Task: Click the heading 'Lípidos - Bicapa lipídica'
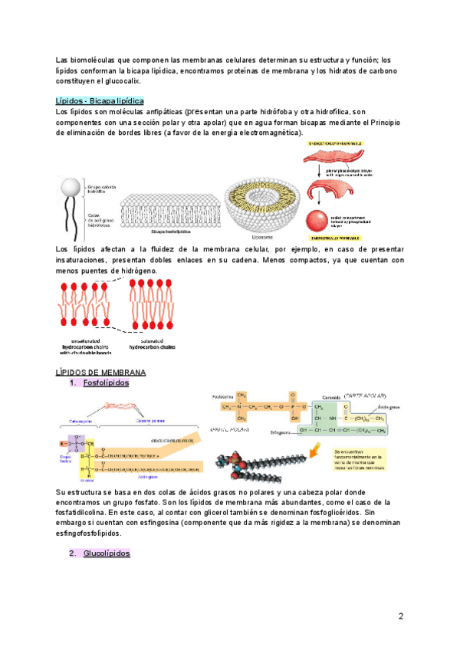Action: (x=100, y=101)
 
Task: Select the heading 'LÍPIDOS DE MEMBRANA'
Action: (x=102, y=372)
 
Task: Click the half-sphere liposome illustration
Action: (x=263, y=197)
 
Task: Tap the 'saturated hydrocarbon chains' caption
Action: (x=153, y=344)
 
